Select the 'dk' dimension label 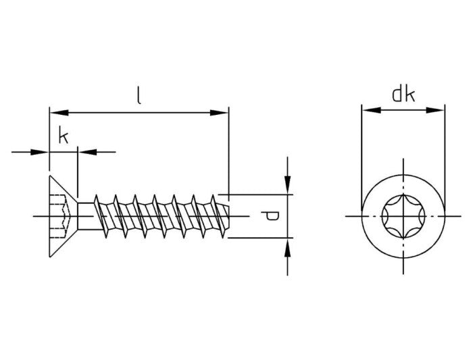pos(403,95)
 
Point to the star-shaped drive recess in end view pos(403,215)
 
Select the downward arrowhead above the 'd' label pos(288,185)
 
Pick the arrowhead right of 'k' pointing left pos(86,152)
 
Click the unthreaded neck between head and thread pos(85,215)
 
